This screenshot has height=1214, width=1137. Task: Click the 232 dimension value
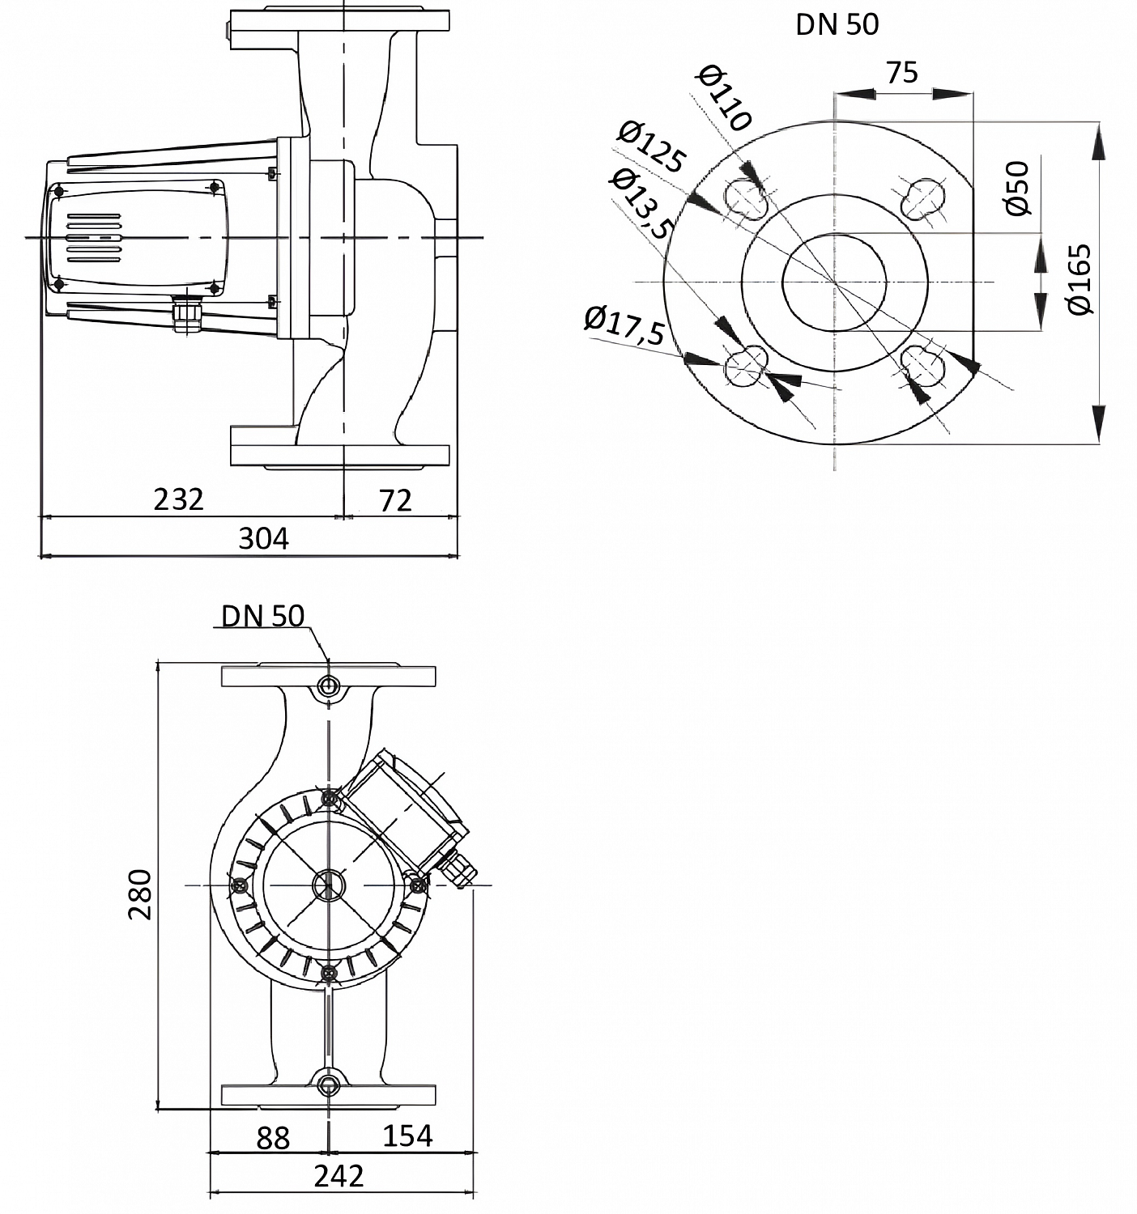click(x=178, y=499)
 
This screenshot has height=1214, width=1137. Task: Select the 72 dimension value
click(x=396, y=501)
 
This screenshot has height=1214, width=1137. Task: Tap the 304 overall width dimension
click(x=263, y=538)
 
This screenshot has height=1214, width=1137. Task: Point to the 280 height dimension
click(x=140, y=894)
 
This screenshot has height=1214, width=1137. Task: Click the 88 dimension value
click(x=273, y=1138)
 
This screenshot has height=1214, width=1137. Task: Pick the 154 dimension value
click(x=407, y=1135)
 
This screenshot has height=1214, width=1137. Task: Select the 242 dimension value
click(x=339, y=1175)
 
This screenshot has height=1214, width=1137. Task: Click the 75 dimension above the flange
click(x=902, y=73)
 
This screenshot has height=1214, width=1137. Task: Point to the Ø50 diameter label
click(x=1017, y=188)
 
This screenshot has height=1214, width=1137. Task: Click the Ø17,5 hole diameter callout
click(x=624, y=325)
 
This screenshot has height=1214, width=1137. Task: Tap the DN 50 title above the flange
click(x=837, y=24)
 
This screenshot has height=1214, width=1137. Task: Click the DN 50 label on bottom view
click(x=263, y=616)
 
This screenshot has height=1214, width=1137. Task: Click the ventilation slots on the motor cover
click(x=93, y=238)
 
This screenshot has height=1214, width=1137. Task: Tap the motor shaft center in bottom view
click(x=328, y=885)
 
